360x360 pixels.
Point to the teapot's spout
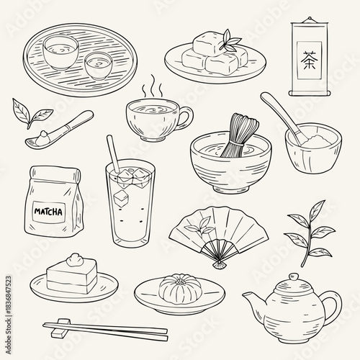pos(251,297)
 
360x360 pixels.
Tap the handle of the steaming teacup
pos(184,115)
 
